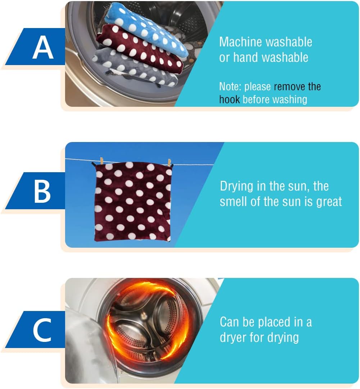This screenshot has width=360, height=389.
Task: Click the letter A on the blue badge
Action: tap(43, 47)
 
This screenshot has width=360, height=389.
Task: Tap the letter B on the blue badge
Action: tap(42, 191)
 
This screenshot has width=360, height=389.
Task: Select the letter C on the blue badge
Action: tap(42, 330)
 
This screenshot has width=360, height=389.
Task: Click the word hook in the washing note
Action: tap(229, 100)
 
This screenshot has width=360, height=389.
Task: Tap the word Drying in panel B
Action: tap(236, 187)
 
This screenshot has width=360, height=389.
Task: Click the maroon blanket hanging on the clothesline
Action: tap(133, 201)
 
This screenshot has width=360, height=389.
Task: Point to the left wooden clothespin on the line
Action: tap(101, 161)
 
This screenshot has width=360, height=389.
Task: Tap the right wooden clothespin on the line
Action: tap(169, 163)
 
